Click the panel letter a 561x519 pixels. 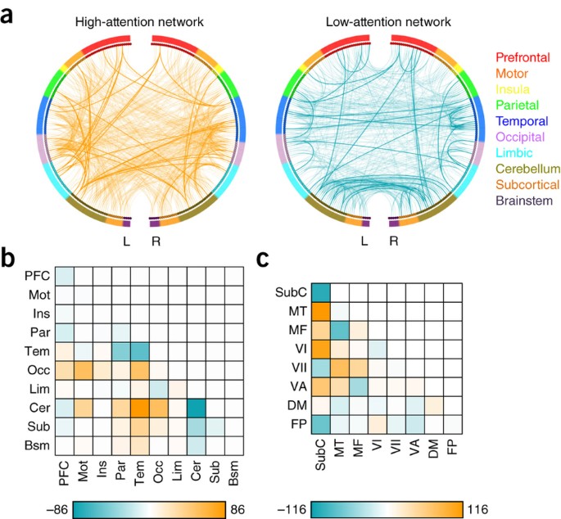tap(11, 13)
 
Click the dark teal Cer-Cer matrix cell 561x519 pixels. tap(197, 407)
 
